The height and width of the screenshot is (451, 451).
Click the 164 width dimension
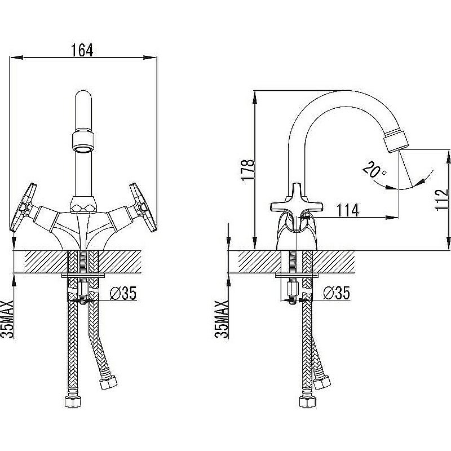82,50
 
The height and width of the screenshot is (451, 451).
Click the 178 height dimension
247,170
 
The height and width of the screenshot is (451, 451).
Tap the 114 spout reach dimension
348,210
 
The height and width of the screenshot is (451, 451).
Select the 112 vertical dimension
442,200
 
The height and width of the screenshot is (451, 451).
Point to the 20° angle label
374,170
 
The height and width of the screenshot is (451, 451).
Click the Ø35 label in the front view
123,293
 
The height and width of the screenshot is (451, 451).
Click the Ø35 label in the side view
337,293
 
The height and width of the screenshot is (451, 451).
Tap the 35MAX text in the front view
7,319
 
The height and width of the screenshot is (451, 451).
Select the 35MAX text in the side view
222,319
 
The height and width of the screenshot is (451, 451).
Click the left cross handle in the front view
23,207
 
